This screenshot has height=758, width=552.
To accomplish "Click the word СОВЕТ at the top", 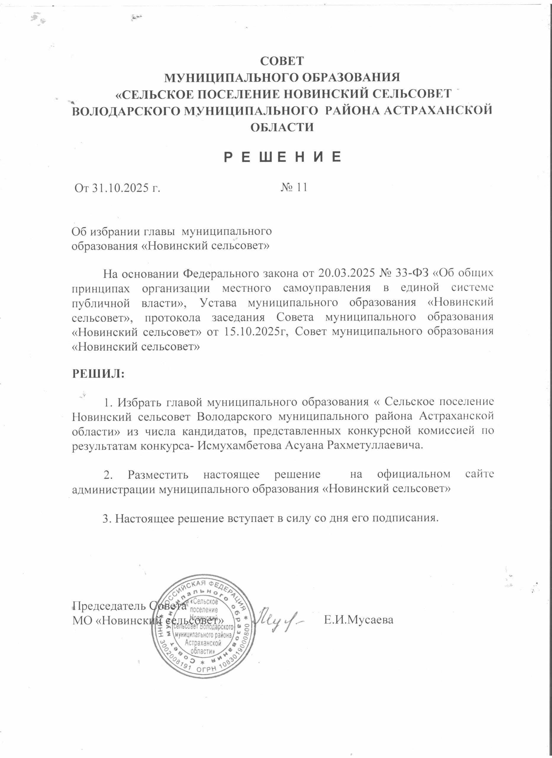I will (282, 61).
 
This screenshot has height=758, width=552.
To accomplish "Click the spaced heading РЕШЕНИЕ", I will (282, 157).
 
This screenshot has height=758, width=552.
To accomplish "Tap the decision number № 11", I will (294, 187).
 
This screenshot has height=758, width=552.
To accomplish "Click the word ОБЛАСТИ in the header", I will (282, 127).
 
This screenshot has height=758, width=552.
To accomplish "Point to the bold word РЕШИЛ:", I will (98, 374).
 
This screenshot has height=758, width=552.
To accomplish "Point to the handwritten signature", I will (281, 619).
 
